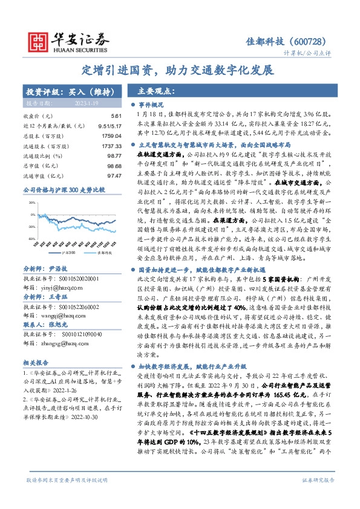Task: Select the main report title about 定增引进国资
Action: [179, 70]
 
